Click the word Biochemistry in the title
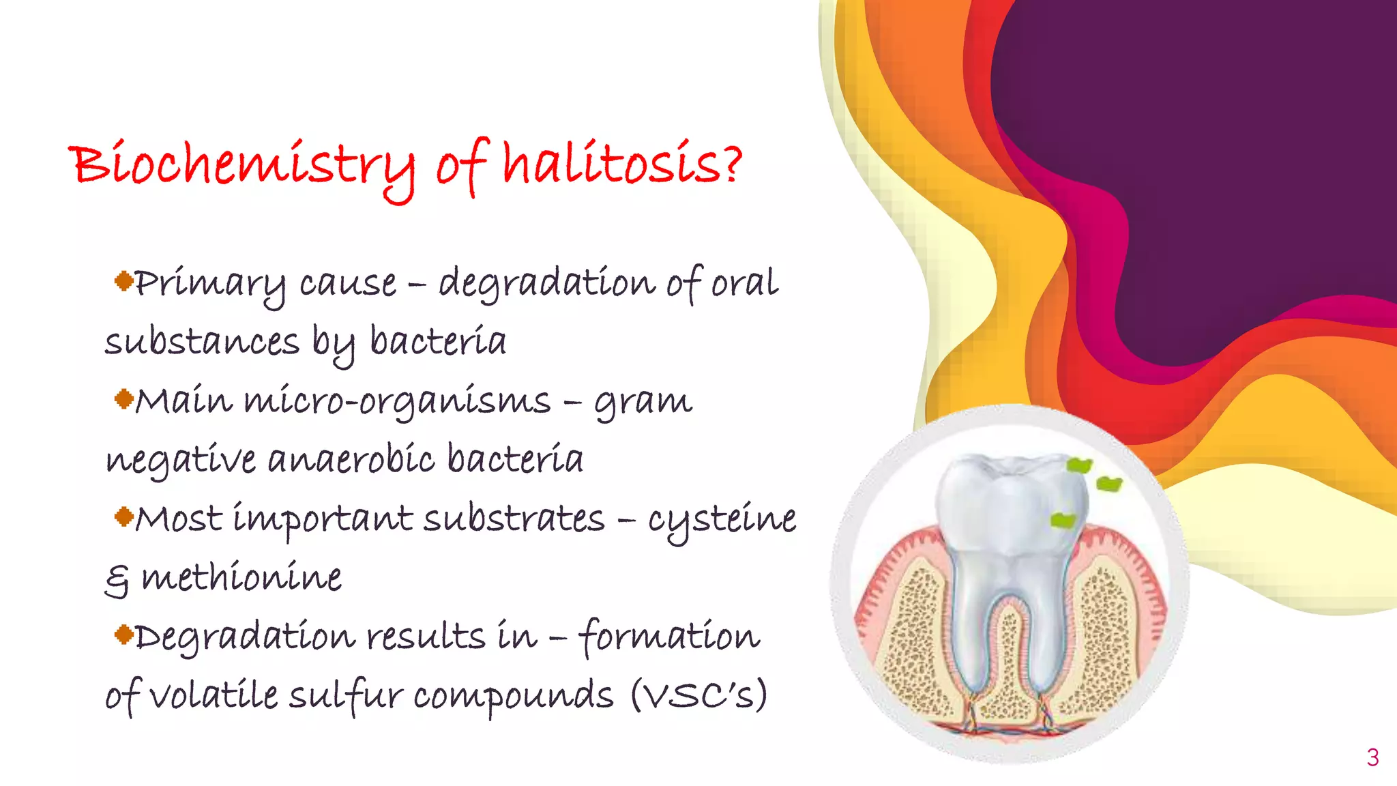(x=242, y=166)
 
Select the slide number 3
(x=1372, y=757)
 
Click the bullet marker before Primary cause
(x=123, y=280)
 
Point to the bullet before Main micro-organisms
(x=123, y=398)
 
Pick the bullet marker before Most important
(x=123, y=516)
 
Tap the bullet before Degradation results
(x=123, y=635)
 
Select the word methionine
(x=241, y=578)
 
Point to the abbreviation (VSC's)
(x=698, y=696)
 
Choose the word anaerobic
(x=351, y=459)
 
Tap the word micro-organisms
(x=397, y=402)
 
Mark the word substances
(x=202, y=341)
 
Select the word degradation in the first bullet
(x=546, y=283)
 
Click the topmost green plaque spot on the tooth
(x=1079, y=466)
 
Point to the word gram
(x=643, y=402)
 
